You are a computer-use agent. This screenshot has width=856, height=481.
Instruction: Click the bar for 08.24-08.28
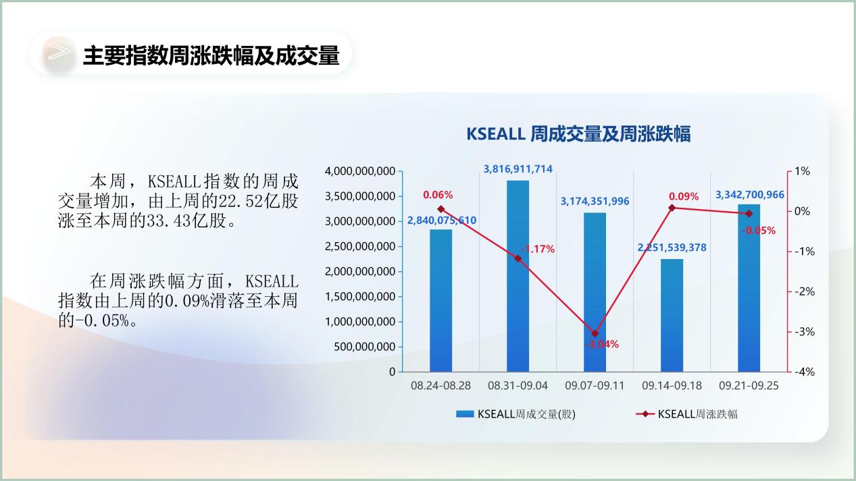pos(440,301)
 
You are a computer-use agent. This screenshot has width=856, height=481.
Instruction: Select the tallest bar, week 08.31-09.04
pos(518,276)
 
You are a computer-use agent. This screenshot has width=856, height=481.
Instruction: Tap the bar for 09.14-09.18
pos(672,316)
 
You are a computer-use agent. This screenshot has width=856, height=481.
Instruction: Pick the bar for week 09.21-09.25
pos(749,288)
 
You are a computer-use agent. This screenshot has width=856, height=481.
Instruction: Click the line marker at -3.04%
pos(595,333)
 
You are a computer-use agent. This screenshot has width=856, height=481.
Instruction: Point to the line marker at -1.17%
pos(518,258)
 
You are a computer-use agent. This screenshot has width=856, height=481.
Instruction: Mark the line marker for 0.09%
pos(672,208)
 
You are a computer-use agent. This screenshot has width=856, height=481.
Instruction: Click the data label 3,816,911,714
pos(518,169)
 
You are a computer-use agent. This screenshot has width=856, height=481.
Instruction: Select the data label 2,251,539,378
pos(672,248)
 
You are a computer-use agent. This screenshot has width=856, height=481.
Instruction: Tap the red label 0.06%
pos(438,195)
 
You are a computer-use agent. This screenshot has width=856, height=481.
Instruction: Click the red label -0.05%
pos(759,231)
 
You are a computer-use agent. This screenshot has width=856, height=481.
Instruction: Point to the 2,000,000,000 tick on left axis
pos(360,272)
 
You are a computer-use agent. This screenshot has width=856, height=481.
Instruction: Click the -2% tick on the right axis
pos(805,292)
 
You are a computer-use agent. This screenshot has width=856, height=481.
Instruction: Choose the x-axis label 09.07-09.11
pos(595,386)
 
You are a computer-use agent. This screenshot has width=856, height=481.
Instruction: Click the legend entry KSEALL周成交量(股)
pos(516,414)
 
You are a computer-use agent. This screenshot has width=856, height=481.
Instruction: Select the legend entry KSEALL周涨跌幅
pos(686,414)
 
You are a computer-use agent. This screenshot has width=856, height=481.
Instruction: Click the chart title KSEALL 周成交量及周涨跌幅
pos(578,134)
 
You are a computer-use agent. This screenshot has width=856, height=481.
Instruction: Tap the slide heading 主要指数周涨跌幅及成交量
pos(211,55)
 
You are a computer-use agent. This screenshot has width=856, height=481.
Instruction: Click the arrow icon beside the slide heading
pos(59,53)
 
